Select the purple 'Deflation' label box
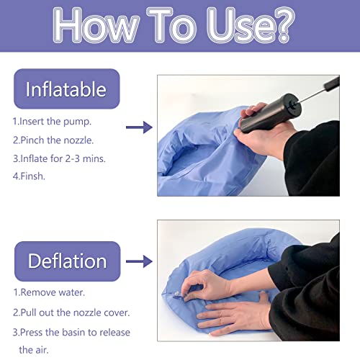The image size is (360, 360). point(66,261)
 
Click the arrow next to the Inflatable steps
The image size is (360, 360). point(138,127)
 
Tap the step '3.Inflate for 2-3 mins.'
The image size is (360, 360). point(59,158)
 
